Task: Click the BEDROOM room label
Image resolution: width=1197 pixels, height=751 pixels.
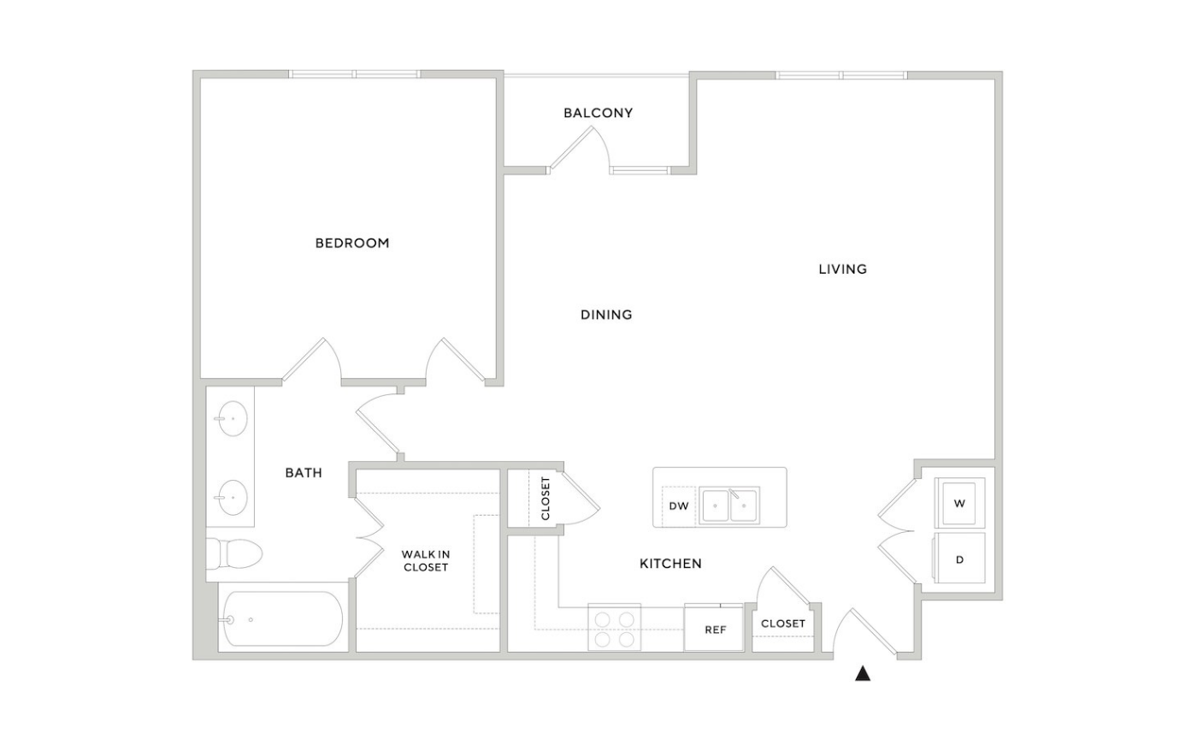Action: [x=352, y=243]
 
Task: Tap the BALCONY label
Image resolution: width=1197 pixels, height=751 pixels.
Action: [x=598, y=113]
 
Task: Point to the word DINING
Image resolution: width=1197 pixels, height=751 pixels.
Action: [x=606, y=314]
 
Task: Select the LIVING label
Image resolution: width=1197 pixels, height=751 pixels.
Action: [x=843, y=269]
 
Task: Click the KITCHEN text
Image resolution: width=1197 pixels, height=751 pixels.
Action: [x=670, y=564]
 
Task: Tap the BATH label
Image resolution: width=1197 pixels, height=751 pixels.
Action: [x=304, y=472]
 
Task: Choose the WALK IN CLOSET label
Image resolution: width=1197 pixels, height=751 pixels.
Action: [x=426, y=561]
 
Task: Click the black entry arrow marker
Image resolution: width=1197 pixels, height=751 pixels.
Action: [x=863, y=673]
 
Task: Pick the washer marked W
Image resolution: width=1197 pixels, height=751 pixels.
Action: [x=959, y=503]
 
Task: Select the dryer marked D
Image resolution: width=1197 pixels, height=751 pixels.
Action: [x=959, y=558]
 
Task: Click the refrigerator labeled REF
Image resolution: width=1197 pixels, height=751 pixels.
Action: [x=714, y=628]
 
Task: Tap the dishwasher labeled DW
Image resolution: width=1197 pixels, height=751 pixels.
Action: [x=679, y=506]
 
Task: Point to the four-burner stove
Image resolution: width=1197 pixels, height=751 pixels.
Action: [x=615, y=628]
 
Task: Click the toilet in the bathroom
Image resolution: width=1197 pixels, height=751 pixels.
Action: [x=234, y=553]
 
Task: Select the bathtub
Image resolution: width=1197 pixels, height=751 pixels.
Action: [x=282, y=618]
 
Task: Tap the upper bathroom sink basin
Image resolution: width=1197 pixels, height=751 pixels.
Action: [x=233, y=418]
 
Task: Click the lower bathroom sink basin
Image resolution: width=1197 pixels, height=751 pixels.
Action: [x=233, y=498]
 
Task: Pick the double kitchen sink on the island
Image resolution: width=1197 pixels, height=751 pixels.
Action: [x=729, y=506]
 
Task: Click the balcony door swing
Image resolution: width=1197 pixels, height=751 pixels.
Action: [x=581, y=147]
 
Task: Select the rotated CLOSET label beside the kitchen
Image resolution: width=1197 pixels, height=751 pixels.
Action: [x=545, y=499]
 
